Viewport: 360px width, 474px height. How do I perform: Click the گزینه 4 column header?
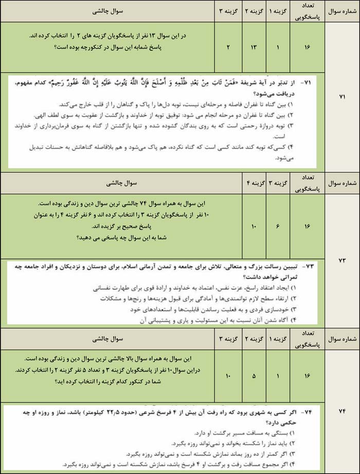coord(254,182)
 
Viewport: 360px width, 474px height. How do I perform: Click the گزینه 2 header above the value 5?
coord(254,339)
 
